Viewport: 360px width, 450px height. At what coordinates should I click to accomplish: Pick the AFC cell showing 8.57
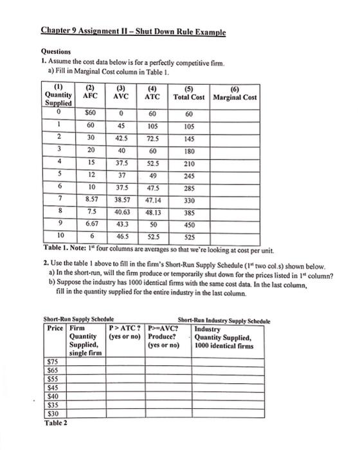(91, 201)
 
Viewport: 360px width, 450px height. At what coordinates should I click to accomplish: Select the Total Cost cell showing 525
(188, 237)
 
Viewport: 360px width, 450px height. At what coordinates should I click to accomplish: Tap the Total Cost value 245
(188, 175)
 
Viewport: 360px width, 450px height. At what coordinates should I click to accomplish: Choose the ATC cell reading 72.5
(152, 138)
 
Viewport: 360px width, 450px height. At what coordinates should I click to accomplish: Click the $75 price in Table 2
(53, 362)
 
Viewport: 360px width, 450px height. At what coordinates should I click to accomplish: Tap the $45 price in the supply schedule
(53, 387)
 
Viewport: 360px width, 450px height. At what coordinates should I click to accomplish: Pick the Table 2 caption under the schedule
(56, 422)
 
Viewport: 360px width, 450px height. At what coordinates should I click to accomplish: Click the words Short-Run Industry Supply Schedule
(224, 321)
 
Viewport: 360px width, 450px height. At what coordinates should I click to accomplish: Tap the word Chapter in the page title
(56, 30)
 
